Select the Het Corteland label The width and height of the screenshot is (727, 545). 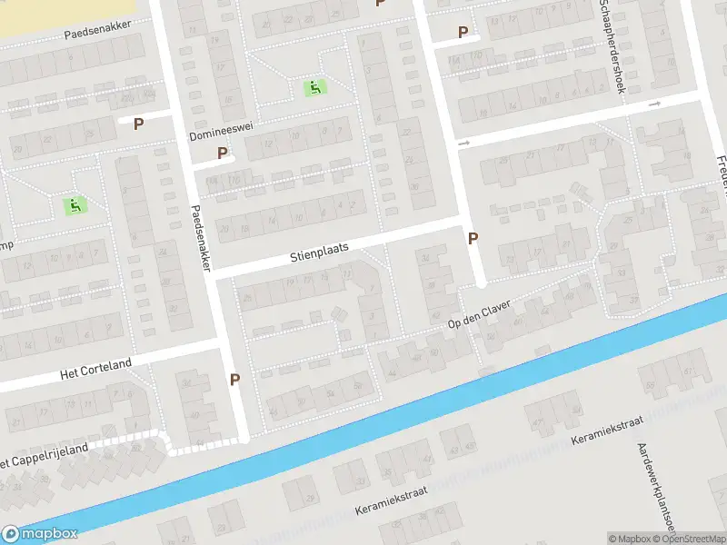95,370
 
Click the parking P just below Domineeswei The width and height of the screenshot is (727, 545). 222,154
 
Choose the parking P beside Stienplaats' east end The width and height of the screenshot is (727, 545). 473,239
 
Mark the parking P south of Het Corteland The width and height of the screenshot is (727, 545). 235,380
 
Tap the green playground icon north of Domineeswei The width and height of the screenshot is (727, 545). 314,88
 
